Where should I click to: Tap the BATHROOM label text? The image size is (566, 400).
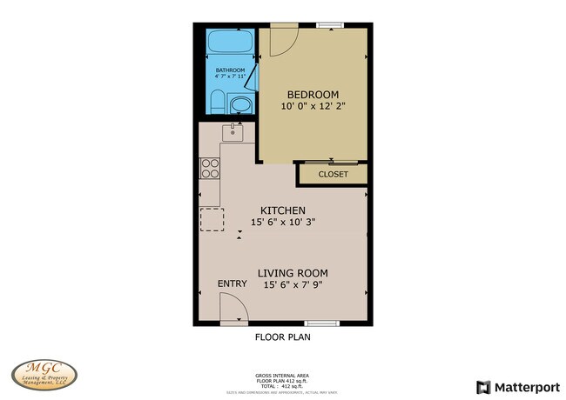[231, 70]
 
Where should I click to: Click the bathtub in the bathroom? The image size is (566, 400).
[230, 43]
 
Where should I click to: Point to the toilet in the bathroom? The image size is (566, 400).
[217, 104]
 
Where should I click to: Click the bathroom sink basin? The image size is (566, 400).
[239, 107]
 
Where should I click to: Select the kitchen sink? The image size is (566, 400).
[232, 131]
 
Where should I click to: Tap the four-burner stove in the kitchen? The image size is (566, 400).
[210, 168]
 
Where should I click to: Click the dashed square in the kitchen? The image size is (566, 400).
[212, 219]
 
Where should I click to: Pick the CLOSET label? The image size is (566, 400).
[333, 174]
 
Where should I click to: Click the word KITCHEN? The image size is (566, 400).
[283, 210]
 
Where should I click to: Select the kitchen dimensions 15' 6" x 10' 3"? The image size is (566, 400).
[283, 222]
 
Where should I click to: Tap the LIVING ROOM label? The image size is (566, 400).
[293, 272]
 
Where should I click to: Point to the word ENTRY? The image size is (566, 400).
[232, 284]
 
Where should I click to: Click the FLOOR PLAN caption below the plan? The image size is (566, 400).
[282, 337]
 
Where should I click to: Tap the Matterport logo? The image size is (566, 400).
[517, 386]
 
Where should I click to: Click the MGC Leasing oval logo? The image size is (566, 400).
[44, 375]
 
